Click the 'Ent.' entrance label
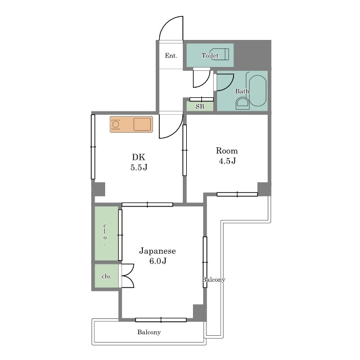(x=171, y=56)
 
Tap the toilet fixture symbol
(x=219, y=54)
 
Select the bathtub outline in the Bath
(x=258, y=91)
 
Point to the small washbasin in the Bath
(x=242, y=103)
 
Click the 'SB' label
(x=200, y=106)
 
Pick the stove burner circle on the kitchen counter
(x=116, y=125)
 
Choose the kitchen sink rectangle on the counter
(x=142, y=124)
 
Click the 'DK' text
(x=138, y=157)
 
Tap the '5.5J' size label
(x=139, y=168)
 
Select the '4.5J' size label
(x=227, y=161)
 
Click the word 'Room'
(x=227, y=151)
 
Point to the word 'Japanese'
(x=157, y=251)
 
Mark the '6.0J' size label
(x=157, y=261)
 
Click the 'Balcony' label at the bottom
(x=149, y=332)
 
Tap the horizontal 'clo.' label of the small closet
(x=106, y=276)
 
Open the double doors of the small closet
(x=128, y=276)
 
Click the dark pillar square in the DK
(x=98, y=189)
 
